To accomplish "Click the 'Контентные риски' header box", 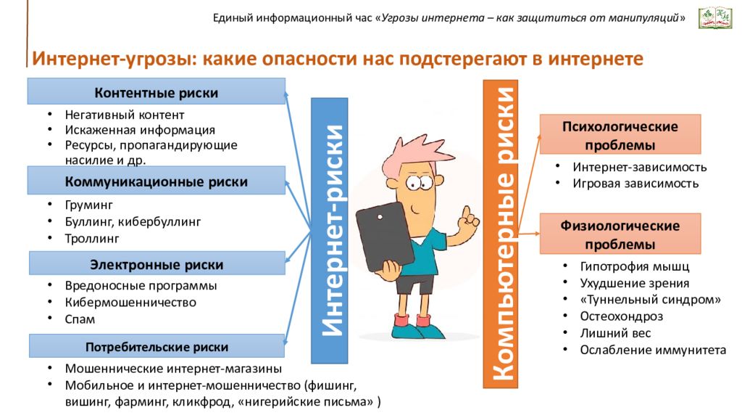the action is pyautogui.click(x=157, y=91).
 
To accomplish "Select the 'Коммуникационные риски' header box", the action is pyautogui.click(x=157, y=180).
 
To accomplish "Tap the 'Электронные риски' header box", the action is pyautogui.click(x=157, y=263).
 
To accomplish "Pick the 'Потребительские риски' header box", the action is pyautogui.click(x=157, y=346).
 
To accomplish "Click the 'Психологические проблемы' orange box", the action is pyautogui.click(x=620, y=134).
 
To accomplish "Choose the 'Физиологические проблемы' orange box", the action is pyautogui.click(x=620, y=234).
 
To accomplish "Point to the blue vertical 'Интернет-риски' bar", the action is pyautogui.click(x=330, y=231).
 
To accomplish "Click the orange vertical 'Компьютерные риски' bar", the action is pyautogui.click(x=500, y=234).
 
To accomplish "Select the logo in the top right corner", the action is pyautogui.click(x=715, y=17).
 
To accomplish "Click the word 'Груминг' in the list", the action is pyautogui.click(x=89, y=205).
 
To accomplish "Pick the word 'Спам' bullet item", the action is pyautogui.click(x=80, y=319).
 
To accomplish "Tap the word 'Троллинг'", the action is pyautogui.click(x=92, y=238).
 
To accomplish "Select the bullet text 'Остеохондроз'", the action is pyautogui.click(x=621, y=316).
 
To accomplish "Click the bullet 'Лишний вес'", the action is pyautogui.click(x=615, y=332).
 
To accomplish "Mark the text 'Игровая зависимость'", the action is pyautogui.click(x=635, y=184).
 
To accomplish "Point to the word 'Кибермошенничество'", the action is pyautogui.click(x=130, y=303).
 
